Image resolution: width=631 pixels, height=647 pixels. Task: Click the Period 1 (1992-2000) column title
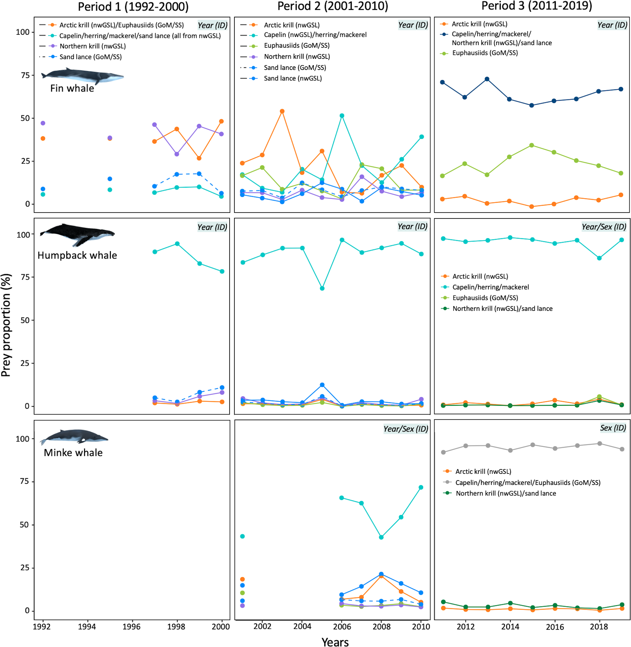133,6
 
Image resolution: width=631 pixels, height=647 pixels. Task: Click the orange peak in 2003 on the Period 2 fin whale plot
282,111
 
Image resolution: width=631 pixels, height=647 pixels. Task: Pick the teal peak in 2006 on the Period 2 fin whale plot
342,116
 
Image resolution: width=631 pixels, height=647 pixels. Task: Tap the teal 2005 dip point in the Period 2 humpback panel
322,288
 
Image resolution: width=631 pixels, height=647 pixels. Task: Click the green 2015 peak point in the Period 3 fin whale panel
532,145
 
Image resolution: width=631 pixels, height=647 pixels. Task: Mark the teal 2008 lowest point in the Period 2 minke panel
381,537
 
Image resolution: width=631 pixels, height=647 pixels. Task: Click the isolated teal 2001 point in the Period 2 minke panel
242,536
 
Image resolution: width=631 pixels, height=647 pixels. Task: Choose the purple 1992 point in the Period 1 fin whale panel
43,123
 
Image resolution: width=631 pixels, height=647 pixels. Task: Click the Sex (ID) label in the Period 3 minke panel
613,428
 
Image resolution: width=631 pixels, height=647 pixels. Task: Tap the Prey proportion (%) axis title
6,325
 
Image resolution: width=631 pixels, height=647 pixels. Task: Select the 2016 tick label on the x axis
554,627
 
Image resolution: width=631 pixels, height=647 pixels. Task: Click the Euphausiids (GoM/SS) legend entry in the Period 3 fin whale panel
485,53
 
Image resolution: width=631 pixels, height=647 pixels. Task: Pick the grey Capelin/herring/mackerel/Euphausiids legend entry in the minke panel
527,483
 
